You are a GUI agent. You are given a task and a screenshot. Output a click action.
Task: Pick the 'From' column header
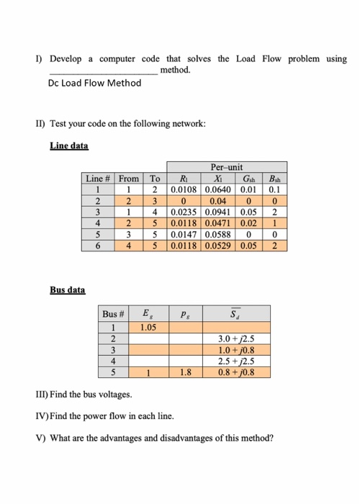(x=130, y=178)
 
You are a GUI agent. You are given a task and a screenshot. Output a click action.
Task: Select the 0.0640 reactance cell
(x=218, y=189)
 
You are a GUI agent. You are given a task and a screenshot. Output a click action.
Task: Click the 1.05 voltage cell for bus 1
(x=149, y=328)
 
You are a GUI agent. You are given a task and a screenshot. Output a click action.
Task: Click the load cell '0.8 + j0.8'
(x=234, y=372)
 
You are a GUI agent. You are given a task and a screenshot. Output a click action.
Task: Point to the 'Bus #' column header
(x=114, y=315)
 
